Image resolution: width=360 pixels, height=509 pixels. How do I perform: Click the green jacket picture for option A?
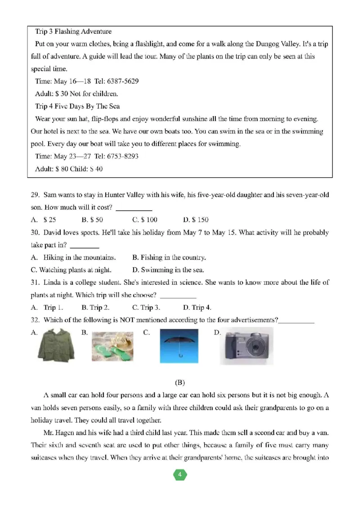click(x=55, y=346)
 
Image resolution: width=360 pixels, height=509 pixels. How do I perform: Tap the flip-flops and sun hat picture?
click(x=113, y=347)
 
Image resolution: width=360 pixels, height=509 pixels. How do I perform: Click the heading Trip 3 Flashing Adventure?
click(x=73, y=32)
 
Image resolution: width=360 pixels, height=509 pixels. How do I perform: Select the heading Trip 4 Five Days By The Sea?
click(x=77, y=107)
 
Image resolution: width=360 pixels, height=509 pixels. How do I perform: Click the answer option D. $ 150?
click(x=196, y=220)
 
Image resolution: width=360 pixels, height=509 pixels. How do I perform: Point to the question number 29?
click(x=35, y=195)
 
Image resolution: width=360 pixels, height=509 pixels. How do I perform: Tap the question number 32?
click(x=35, y=320)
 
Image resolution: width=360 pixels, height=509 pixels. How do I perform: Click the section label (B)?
click(x=180, y=383)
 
